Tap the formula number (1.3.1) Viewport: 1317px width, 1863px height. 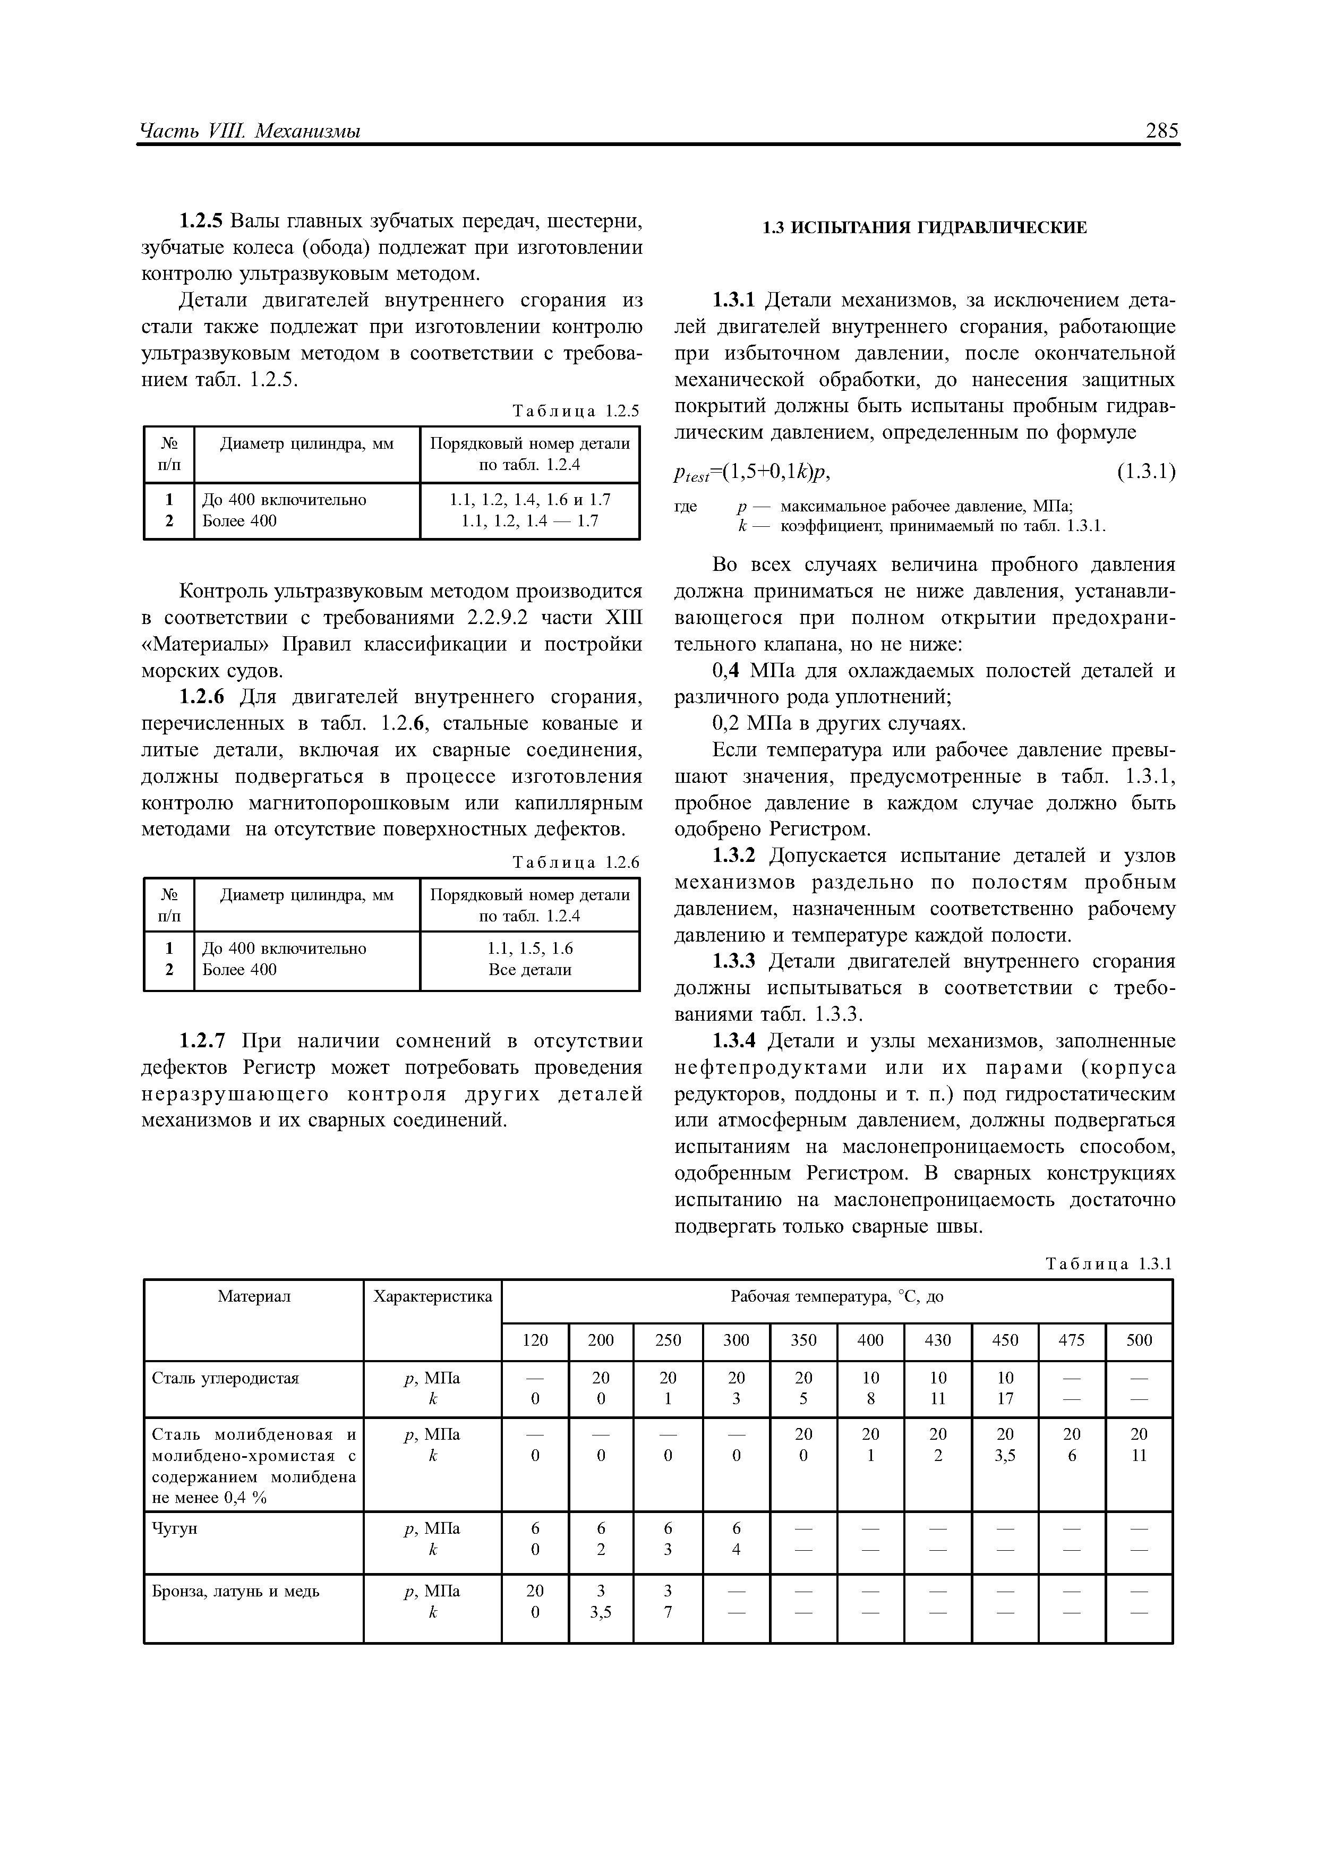click(x=1146, y=472)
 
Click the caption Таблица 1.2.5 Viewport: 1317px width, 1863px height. click(x=576, y=412)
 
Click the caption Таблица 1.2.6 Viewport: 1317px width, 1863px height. click(x=576, y=862)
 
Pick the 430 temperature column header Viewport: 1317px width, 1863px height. click(x=937, y=1340)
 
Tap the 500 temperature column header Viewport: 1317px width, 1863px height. click(x=1139, y=1340)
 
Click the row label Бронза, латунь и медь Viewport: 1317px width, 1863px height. click(x=235, y=1591)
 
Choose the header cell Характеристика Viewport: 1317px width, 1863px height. click(x=432, y=1297)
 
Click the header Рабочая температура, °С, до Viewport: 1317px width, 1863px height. click(x=836, y=1297)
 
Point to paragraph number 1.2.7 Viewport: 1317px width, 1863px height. click(x=207, y=1041)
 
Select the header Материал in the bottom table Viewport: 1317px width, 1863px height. click(x=253, y=1297)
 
